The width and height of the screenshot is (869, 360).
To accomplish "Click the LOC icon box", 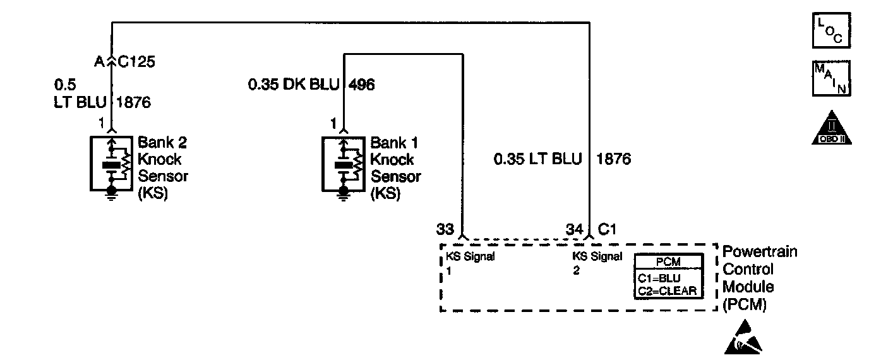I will click(831, 30).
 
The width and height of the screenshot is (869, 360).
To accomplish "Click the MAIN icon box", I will click(831, 78).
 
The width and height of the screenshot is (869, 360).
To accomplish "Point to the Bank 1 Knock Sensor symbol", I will click(344, 163).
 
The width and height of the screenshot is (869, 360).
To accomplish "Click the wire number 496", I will click(361, 85).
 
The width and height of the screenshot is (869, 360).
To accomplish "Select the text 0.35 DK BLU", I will click(293, 85).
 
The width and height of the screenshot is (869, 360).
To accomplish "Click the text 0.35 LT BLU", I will click(537, 159).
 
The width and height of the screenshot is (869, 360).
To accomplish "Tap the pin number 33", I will click(445, 229).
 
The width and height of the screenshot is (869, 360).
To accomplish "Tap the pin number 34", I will click(573, 229).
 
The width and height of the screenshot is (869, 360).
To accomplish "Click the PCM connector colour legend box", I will click(667, 276).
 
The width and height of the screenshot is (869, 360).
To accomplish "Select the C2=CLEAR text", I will click(667, 291).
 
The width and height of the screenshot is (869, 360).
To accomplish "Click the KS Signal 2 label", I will click(597, 263).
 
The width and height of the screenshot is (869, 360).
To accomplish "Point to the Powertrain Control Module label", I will click(759, 278).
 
